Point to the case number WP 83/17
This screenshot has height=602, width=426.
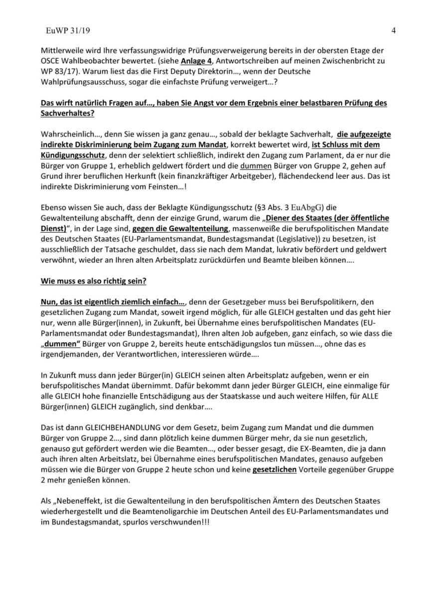click(56, 72)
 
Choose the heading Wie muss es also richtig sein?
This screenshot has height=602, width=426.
click(93, 281)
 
